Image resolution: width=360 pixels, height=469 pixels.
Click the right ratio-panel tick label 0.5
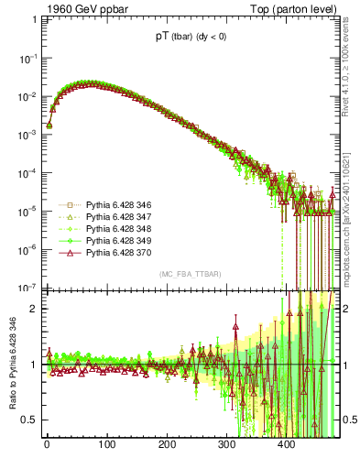pyautogui.click(x=348, y=420)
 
